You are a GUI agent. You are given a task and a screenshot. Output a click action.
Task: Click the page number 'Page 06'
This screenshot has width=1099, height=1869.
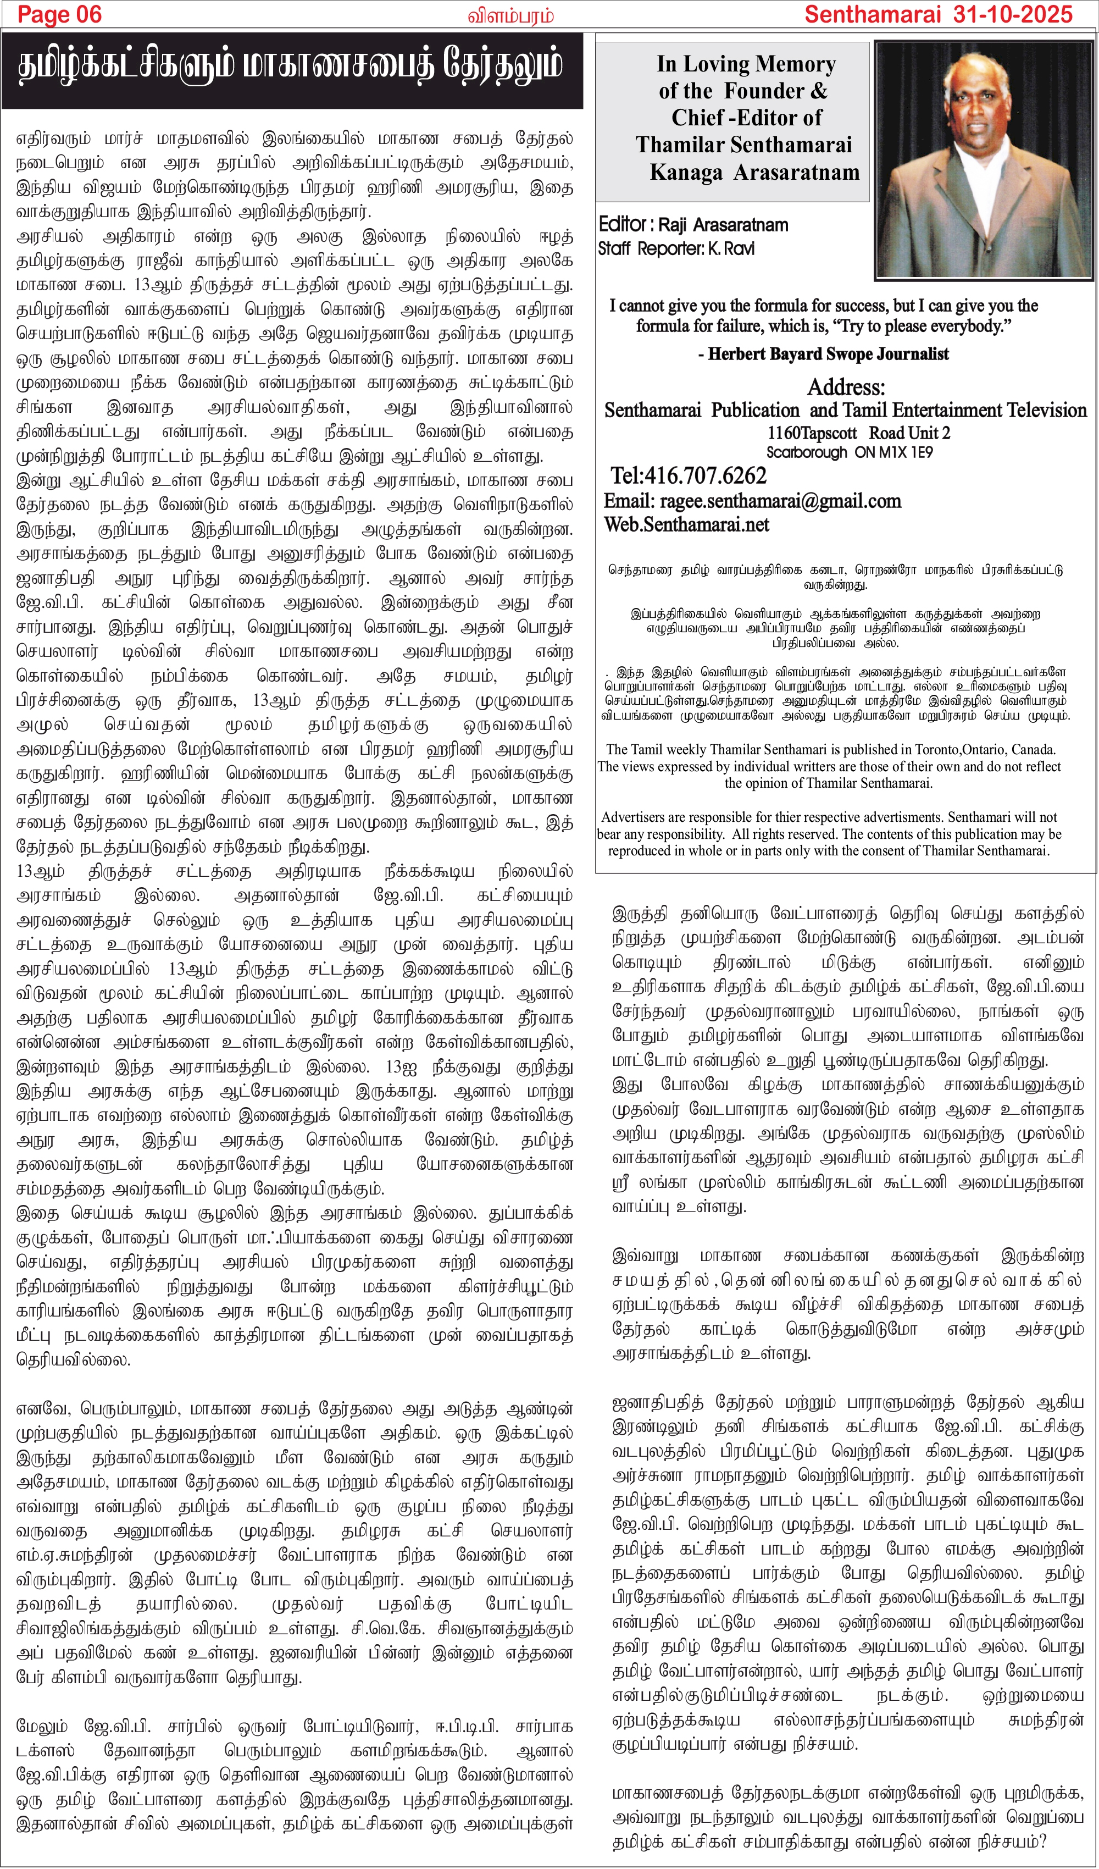pyautogui.click(x=59, y=14)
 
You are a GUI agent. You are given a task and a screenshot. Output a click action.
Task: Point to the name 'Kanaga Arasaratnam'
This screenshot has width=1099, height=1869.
pyautogui.click(x=754, y=173)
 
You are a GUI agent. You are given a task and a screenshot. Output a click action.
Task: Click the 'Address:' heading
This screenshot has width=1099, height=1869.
pyautogui.click(x=845, y=387)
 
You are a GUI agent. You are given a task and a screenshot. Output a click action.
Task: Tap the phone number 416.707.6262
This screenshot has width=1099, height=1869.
pyautogui.click(x=688, y=475)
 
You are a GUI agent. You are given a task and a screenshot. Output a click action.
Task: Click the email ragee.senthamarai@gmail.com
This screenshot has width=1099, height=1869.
pyautogui.click(x=780, y=501)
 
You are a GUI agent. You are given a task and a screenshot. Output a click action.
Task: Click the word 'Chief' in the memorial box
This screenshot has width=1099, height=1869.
pyautogui.click(x=697, y=118)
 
